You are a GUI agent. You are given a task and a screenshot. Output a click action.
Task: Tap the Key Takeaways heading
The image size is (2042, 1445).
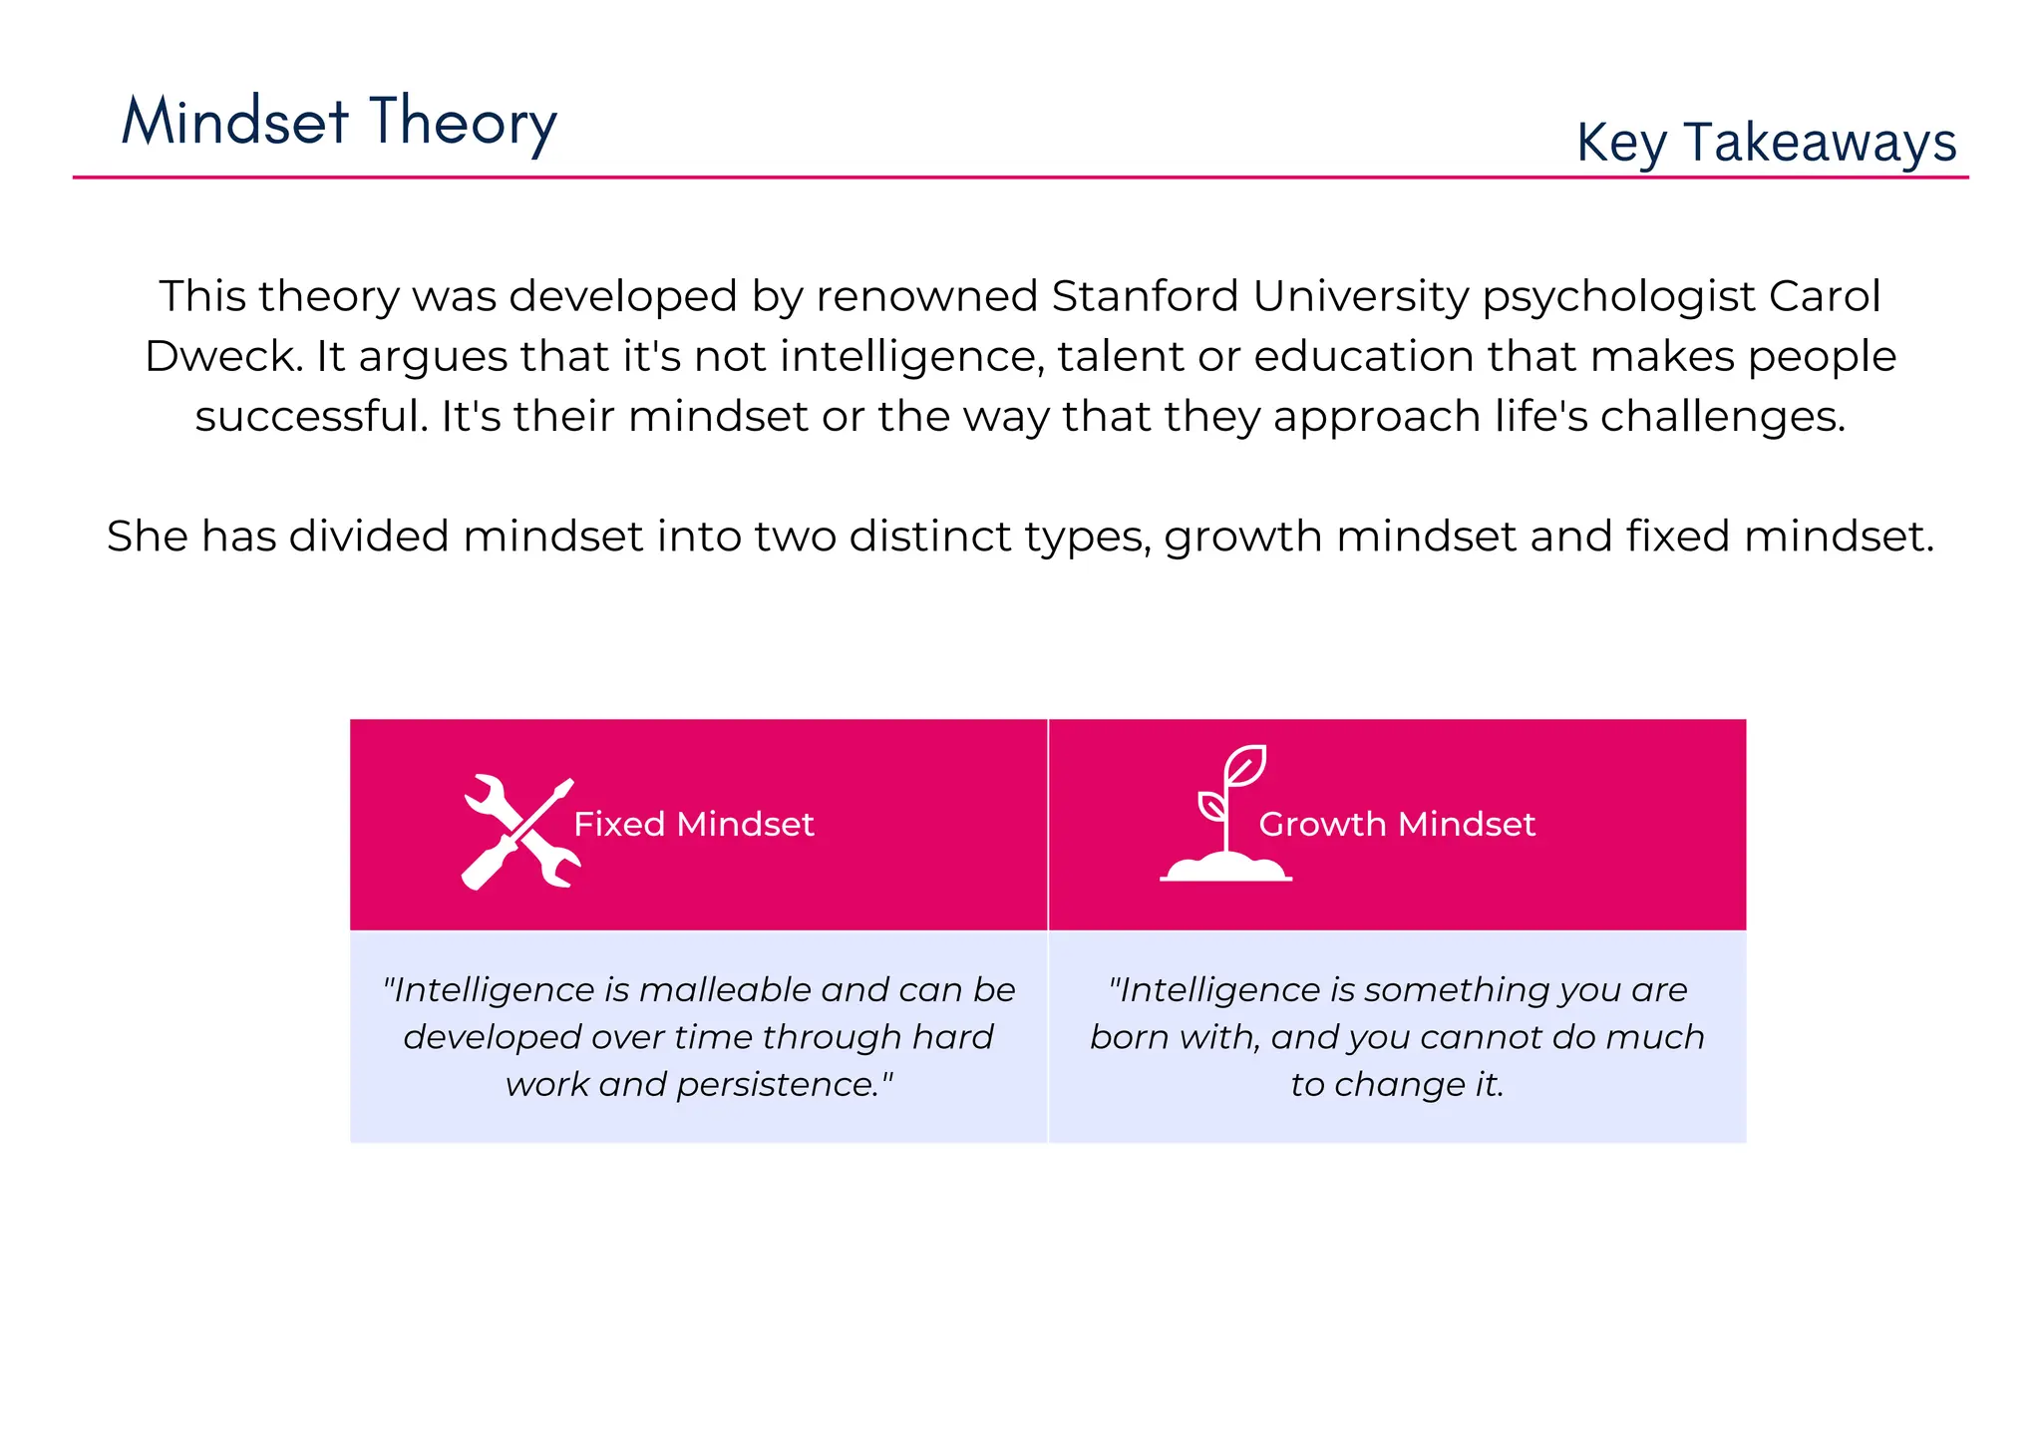click(x=1766, y=143)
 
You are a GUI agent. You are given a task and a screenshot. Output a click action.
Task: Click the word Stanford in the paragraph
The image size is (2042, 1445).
click(x=1146, y=296)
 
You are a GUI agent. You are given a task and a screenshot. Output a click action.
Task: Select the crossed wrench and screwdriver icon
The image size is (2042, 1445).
click(x=519, y=832)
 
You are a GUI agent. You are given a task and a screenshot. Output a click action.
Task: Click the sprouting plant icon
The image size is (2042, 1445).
click(x=1226, y=814)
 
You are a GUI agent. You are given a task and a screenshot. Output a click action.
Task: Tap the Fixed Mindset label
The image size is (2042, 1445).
click(x=694, y=825)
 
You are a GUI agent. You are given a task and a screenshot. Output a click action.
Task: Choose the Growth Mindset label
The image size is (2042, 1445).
click(x=1396, y=825)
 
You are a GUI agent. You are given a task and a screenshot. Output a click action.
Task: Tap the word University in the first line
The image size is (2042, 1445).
click(x=1361, y=297)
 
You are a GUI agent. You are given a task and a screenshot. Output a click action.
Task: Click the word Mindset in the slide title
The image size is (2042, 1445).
click(x=235, y=123)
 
